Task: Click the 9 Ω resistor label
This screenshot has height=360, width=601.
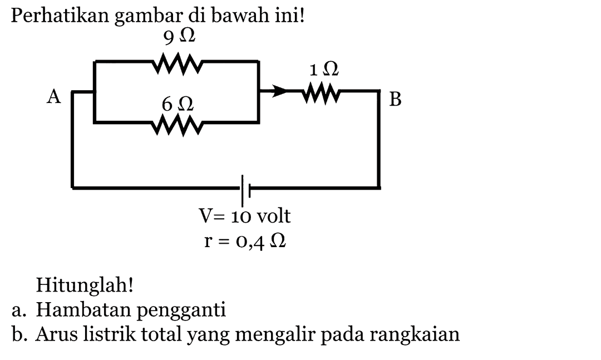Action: click(179, 38)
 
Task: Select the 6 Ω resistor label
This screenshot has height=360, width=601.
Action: click(178, 103)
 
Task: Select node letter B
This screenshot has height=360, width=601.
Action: click(395, 100)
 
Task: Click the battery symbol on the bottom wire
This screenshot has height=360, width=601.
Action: click(245, 189)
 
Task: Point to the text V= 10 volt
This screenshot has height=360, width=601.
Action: click(245, 216)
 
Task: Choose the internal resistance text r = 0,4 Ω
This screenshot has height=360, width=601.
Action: click(244, 241)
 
